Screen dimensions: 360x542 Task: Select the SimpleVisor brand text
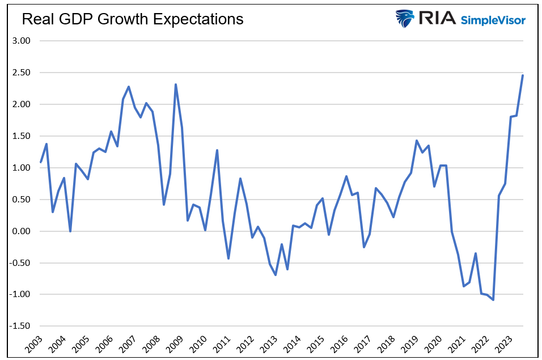(493, 20)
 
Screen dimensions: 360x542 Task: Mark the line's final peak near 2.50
(523, 75)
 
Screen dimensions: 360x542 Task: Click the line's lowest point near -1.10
(493, 300)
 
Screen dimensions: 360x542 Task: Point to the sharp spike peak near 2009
(176, 84)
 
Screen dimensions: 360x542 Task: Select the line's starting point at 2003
(41, 162)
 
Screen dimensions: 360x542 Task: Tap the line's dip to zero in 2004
(70, 231)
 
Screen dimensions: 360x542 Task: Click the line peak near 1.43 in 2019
(417, 141)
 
